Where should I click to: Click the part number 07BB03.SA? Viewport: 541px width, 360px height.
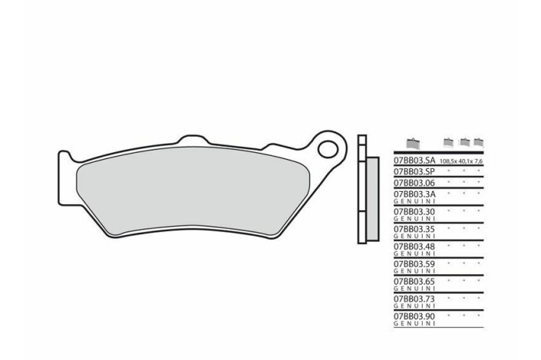pos(414,161)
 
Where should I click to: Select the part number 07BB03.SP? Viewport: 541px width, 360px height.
pos(414,173)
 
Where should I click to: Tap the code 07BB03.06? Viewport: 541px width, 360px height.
pos(414,184)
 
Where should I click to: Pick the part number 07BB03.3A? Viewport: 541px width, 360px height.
pos(414,195)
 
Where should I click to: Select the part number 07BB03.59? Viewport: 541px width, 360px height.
pos(414,263)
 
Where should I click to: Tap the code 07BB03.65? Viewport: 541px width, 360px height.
pos(414,281)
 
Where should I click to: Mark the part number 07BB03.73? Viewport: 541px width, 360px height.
pos(414,299)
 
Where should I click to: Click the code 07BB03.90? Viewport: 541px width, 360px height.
pos(414,316)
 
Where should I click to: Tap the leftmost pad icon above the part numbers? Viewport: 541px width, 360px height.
pos(413,144)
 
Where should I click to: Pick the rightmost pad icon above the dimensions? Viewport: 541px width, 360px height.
pos(478,142)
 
